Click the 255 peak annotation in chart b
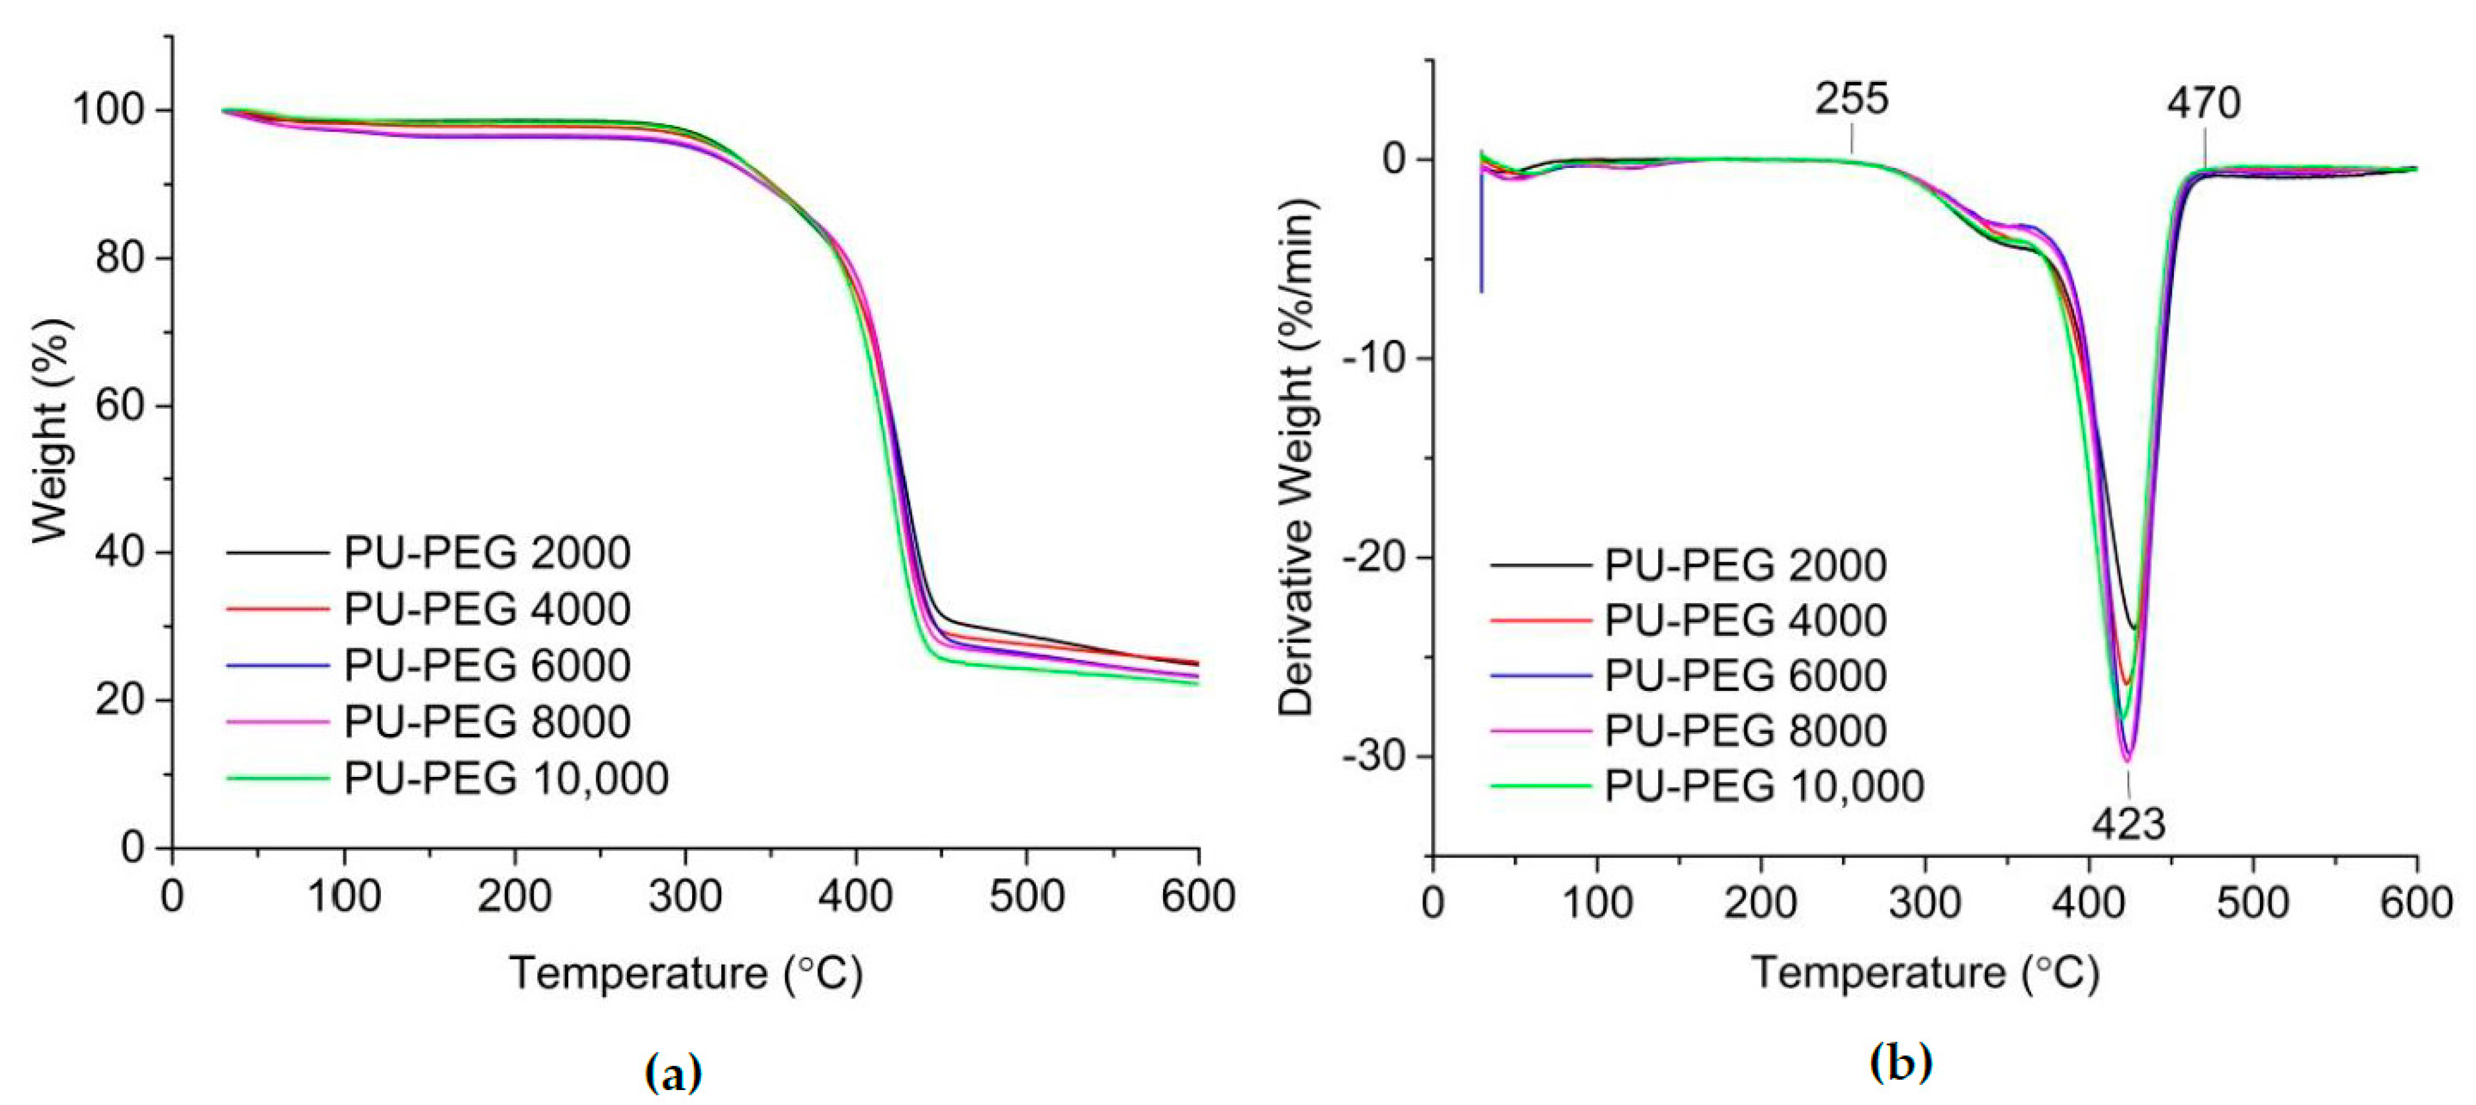(x=1851, y=99)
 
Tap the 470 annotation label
(x=2203, y=103)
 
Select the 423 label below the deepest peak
(x=2128, y=824)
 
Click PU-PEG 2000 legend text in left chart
(x=487, y=553)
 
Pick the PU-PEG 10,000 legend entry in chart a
(x=506, y=779)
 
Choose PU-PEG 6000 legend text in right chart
(x=1745, y=676)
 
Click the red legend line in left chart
(x=278, y=610)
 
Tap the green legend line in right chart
(x=1541, y=786)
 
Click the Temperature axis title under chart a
(x=685, y=974)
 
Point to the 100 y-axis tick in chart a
(x=109, y=111)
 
